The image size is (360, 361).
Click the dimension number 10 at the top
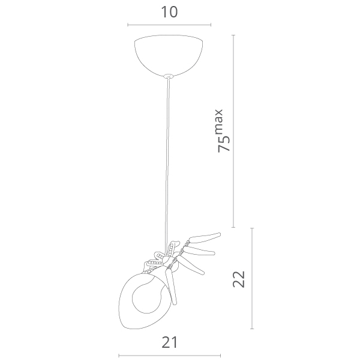tap(170, 12)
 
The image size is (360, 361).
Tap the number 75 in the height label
tap(224, 144)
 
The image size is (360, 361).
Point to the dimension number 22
tap(239, 279)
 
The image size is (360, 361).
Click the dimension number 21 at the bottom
tap(170, 342)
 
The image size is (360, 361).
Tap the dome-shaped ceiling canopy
tap(169, 55)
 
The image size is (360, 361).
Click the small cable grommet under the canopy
tap(169, 76)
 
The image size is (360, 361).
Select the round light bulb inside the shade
tap(146, 298)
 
